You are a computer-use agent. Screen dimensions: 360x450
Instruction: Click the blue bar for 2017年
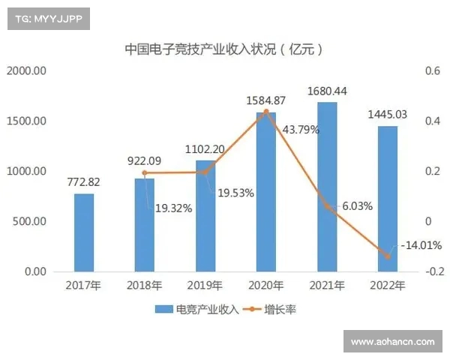pos(84,232)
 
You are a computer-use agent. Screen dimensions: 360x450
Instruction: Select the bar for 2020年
pos(266,192)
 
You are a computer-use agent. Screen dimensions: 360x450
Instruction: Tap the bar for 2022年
pos(387,199)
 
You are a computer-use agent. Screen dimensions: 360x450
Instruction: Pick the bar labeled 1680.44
pos(327,187)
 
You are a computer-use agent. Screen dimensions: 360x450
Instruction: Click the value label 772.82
pos(84,182)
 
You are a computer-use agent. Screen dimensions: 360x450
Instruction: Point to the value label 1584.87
pos(265,100)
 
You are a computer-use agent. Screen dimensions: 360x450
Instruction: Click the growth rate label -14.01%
pos(421,245)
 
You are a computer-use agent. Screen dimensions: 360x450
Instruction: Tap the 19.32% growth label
pos(172,208)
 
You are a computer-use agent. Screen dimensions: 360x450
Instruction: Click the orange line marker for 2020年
pos(266,112)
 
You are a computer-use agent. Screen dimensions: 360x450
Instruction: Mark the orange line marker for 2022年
pos(388,256)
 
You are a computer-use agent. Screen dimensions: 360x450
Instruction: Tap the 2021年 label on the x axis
pos(326,285)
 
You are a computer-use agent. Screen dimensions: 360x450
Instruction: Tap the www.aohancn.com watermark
pos(393,342)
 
